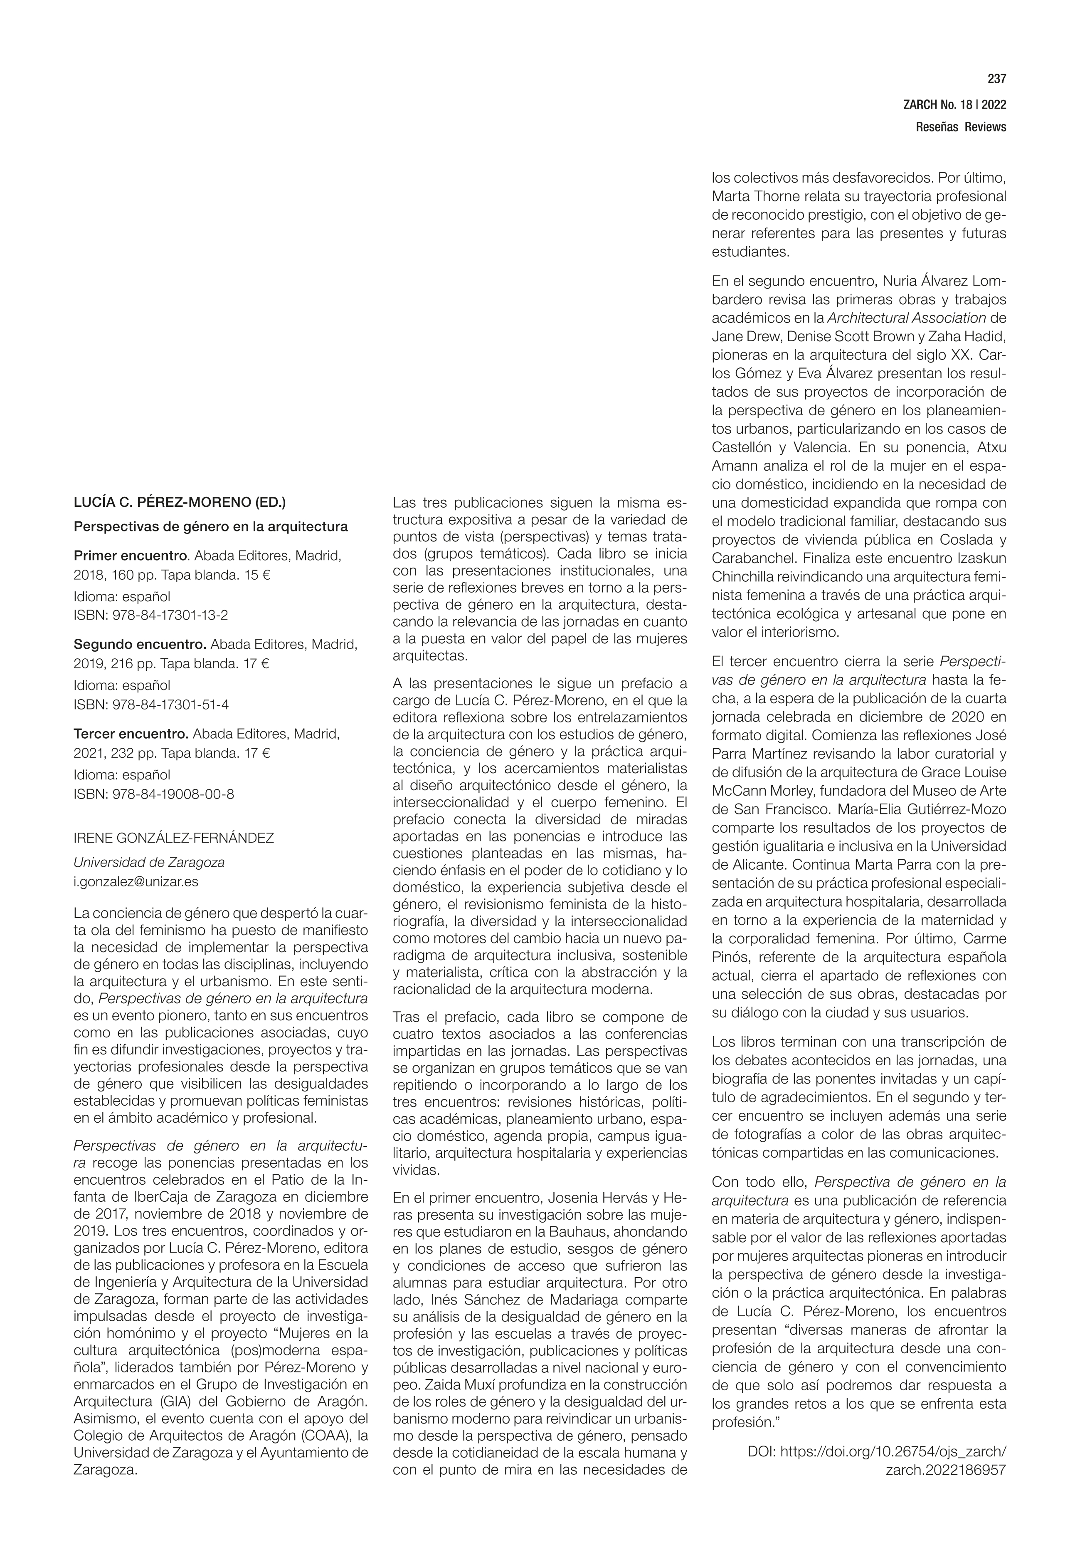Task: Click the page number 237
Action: [x=996, y=79]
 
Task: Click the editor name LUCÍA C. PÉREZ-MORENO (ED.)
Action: [x=179, y=502]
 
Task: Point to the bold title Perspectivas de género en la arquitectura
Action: [x=210, y=526]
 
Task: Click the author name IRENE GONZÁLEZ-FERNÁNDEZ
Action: [x=173, y=838]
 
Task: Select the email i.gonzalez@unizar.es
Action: [x=136, y=881]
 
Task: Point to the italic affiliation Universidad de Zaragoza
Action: [x=149, y=862]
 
